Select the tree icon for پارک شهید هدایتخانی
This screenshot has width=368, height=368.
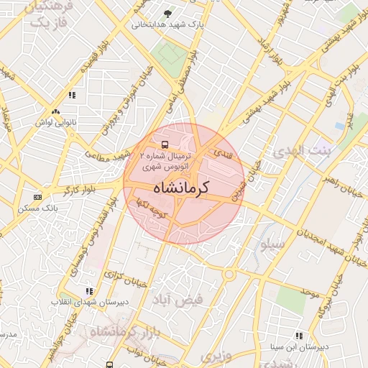pyautogui.click(x=168, y=13)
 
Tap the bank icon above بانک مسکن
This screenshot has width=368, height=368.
pyautogui.click(x=38, y=196)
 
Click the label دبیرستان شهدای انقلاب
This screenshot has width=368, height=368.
pyautogui.click(x=88, y=302)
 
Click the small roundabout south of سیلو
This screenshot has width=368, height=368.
pyautogui.click(x=229, y=274)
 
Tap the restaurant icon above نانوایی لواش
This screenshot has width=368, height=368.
pyautogui.click(x=72, y=94)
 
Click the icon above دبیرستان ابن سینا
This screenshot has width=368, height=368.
pyautogui.click(x=299, y=336)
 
